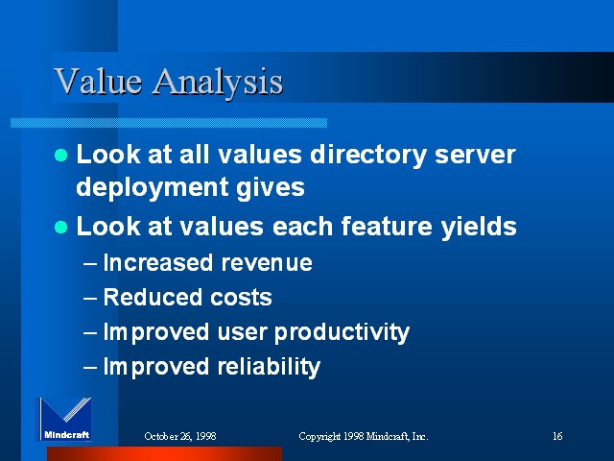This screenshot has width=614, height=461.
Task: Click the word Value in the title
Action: click(x=98, y=81)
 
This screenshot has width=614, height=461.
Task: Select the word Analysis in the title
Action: click(x=218, y=83)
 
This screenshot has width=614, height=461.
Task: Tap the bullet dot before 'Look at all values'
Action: click(x=61, y=155)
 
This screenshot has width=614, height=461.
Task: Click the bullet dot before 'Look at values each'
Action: click(x=61, y=227)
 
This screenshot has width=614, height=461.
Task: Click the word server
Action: click(x=475, y=156)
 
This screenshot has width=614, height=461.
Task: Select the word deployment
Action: click(x=153, y=188)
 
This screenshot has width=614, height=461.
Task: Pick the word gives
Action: click(x=271, y=188)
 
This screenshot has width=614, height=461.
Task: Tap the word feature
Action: click(x=387, y=227)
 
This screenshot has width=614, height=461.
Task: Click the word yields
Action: click(x=479, y=227)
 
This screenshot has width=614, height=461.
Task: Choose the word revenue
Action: click(x=267, y=263)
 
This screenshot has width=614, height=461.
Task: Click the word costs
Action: click(x=241, y=298)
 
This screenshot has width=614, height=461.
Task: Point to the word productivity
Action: click(x=342, y=333)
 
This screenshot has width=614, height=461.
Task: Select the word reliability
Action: click(x=269, y=367)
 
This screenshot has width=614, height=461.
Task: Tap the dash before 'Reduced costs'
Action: click(x=90, y=298)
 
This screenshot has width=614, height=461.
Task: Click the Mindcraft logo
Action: click(x=64, y=419)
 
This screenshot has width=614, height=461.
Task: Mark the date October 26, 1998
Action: click(x=180, y=436)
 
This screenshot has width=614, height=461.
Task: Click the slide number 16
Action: click(x=557, y=436)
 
